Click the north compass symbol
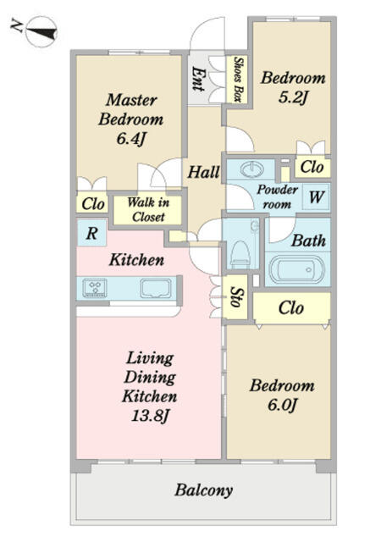(x=41, y=32)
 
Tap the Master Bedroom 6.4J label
(x=130, y=119)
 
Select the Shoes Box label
(x=237, y=79)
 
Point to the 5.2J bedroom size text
(x=293, y=97)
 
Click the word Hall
(x=203, y=172)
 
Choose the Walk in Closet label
(x=148, y=209)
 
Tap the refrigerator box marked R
(x=91, y=233)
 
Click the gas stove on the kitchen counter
(x=94, y=288)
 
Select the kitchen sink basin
(x=156, y=288)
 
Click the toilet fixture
(x=240, y=254)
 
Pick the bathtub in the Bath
(x=296, y=270)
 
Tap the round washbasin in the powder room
(x=252, y=169)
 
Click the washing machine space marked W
(x=317, y=197)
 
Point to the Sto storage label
(x=235, y=297)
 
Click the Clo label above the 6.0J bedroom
(x=291, y=307)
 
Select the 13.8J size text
(x=149, y=415)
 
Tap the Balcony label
(x=203, y=489)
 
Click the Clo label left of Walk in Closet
(x=92, y=203)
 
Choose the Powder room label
(x=277, y=196)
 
